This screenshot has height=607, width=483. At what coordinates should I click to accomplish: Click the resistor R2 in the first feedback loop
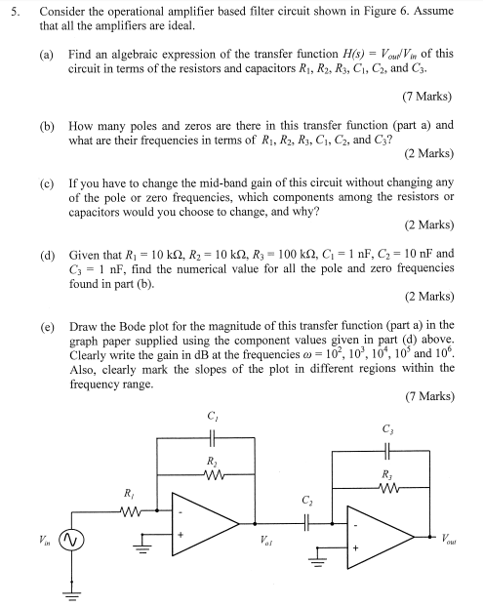point(213,473)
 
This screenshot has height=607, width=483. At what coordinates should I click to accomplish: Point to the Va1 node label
point(264,540)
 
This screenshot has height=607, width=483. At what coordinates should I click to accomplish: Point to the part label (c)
point(47,182)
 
